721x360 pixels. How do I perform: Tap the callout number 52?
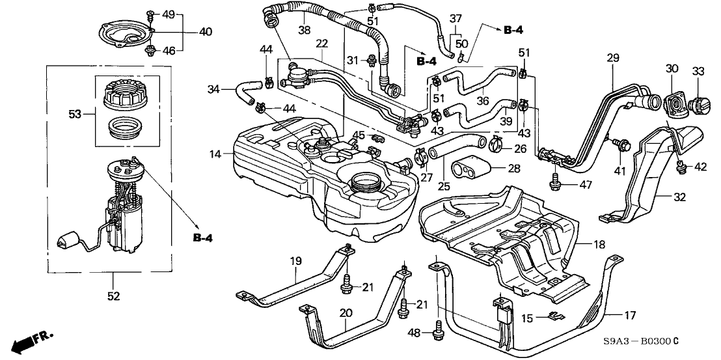(113, 297)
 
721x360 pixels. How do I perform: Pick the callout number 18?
(598, 244)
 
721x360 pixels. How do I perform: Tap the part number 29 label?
(612, 59)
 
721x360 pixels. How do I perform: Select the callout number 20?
(346, 314)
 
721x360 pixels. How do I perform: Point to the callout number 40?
(187, 31)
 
